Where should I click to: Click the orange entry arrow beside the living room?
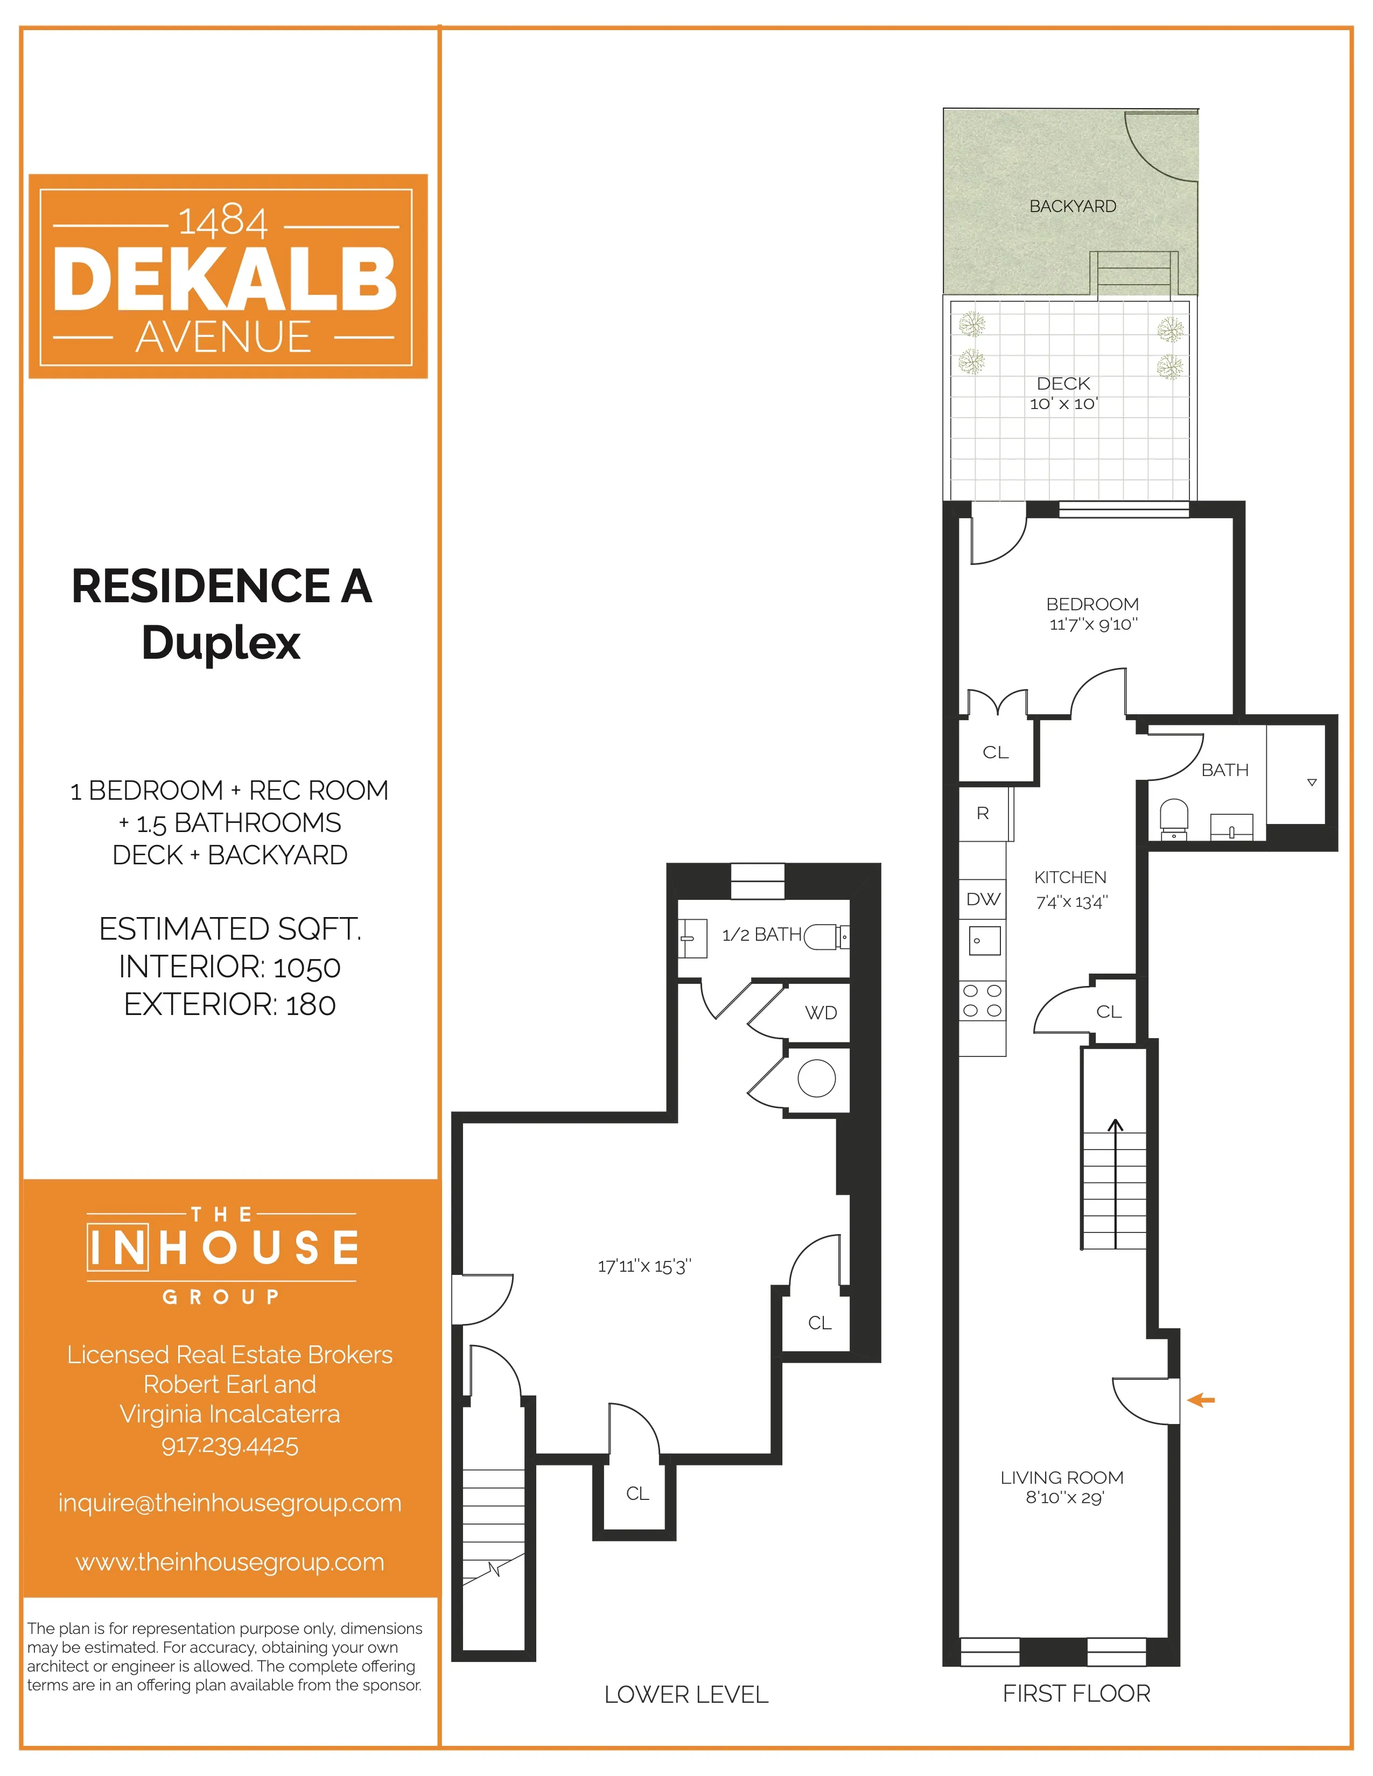coord(1201,1400)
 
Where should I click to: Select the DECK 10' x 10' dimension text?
coord(1063,404)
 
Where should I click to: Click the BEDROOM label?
coord(1091,604)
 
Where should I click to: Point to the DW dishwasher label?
coord(983,899)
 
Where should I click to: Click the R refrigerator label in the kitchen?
coord(983,813)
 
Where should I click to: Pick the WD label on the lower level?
coord(821,1012)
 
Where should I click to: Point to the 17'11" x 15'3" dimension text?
coord(644,1266)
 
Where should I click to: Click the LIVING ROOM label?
coord(1061,1477)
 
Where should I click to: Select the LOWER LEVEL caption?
coord(685,1695)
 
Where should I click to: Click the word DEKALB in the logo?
coord(225,279)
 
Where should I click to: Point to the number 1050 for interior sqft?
coord(307,968)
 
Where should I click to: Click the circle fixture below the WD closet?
coord(817,1079)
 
